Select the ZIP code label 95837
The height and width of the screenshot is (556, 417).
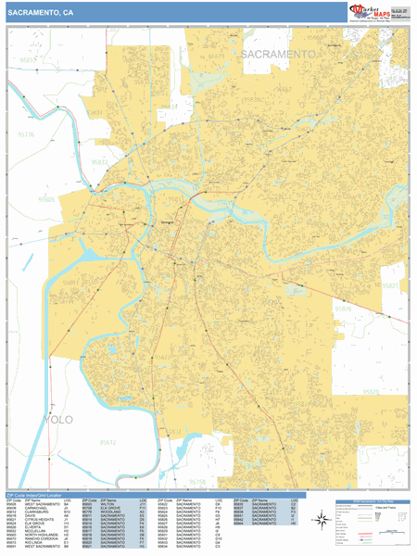pyautogui.click(x=27, y=60)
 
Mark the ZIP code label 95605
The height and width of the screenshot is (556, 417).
pyautogui.click(x=47, y=198)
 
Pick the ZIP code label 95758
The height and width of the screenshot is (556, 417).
pyautogui.click(x=197, y=481)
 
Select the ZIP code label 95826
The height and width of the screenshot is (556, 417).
pyautogui.click(x=343, y=308)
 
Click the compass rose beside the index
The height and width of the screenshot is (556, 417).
pyautogui.click(x=321, y=523)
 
